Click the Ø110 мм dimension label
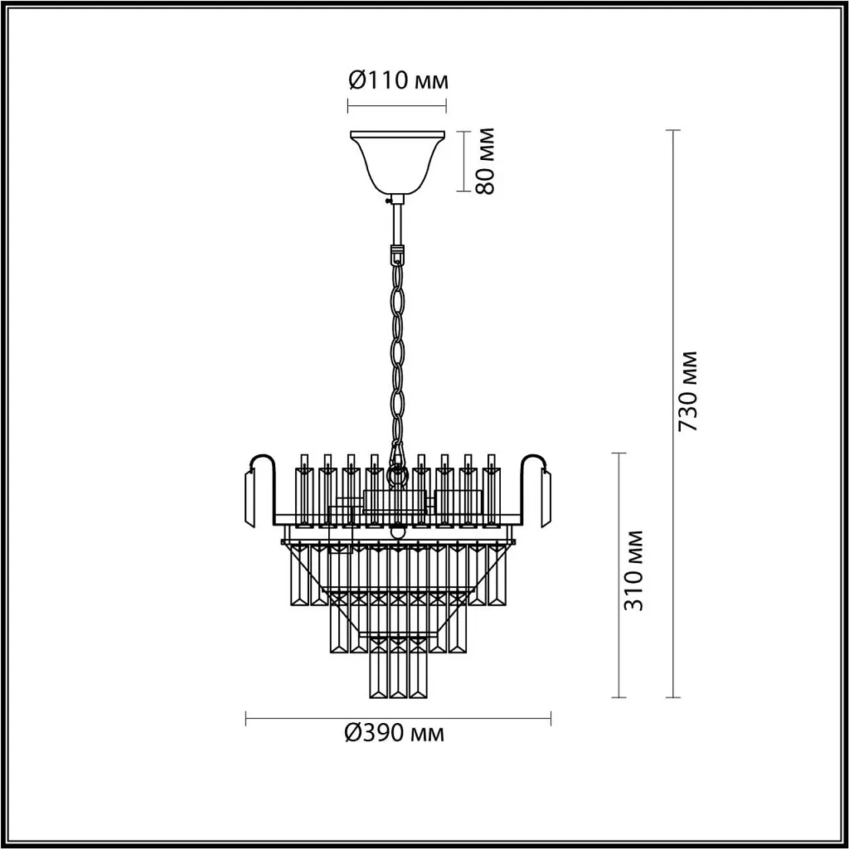coord(396,80)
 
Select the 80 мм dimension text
coord(485,161)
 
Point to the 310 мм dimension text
coord(635,569)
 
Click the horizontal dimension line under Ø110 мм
coord(396,105)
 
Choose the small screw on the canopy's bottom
coord(386,198)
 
